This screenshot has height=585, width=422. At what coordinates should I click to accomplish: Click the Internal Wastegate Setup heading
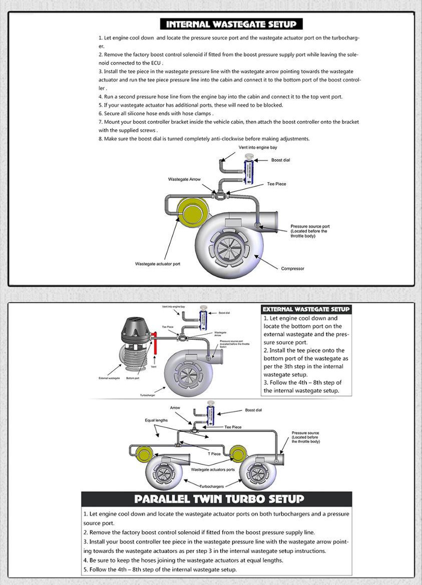(231, 24)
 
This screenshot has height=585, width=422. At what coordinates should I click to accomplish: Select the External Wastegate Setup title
(306, 309)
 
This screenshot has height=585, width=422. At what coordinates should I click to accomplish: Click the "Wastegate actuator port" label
(158, 264)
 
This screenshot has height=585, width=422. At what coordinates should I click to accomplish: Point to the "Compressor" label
(292, 269)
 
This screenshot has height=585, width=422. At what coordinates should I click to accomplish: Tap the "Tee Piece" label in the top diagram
(276, 184)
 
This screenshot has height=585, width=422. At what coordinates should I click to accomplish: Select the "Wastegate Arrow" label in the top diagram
(184, 179)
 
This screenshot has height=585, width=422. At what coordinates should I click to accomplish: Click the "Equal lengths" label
(156, 420)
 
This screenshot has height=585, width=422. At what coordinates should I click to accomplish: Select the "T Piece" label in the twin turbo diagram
(214, 454)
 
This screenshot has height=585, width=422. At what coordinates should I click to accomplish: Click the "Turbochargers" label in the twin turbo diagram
(212, 486)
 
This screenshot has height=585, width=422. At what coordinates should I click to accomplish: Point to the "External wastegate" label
(109, 378)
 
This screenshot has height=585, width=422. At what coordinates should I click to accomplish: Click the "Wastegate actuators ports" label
(213, 470)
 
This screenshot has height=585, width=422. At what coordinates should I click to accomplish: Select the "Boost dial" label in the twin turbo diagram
(253, 410)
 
